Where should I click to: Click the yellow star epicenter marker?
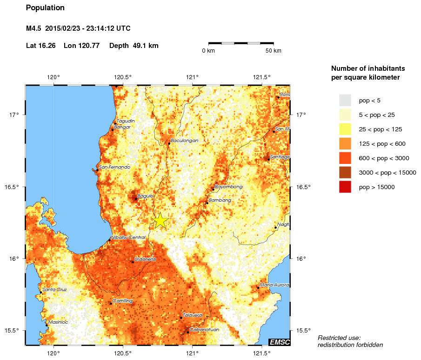pyautogui.click(x=160, y=220)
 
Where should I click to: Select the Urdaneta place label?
pyautogui.click(x=145, y=259)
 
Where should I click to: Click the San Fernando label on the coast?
pyautogui.click(x=115, y=167)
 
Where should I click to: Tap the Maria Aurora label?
pyautogui.click(x=275, y=285)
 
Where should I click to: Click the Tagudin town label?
pyautogui.click(x=126, y=121)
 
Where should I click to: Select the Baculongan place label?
pyautogui.click(x=185, y=140)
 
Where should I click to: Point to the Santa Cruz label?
pyautogui.click(x=54, y=289)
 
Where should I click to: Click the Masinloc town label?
pyautogui.click(x=58, y=322)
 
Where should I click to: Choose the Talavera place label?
pyautogui.click(x=192, y=315)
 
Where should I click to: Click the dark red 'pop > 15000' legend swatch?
pyautogui.click(x=345, y=187)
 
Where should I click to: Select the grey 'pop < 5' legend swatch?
pyautogui.click(x=345, y=100)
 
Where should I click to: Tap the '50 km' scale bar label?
pyautogui.click(x=273, y=51)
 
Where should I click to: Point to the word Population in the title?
pyautogui.click(x=45, y=8)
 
